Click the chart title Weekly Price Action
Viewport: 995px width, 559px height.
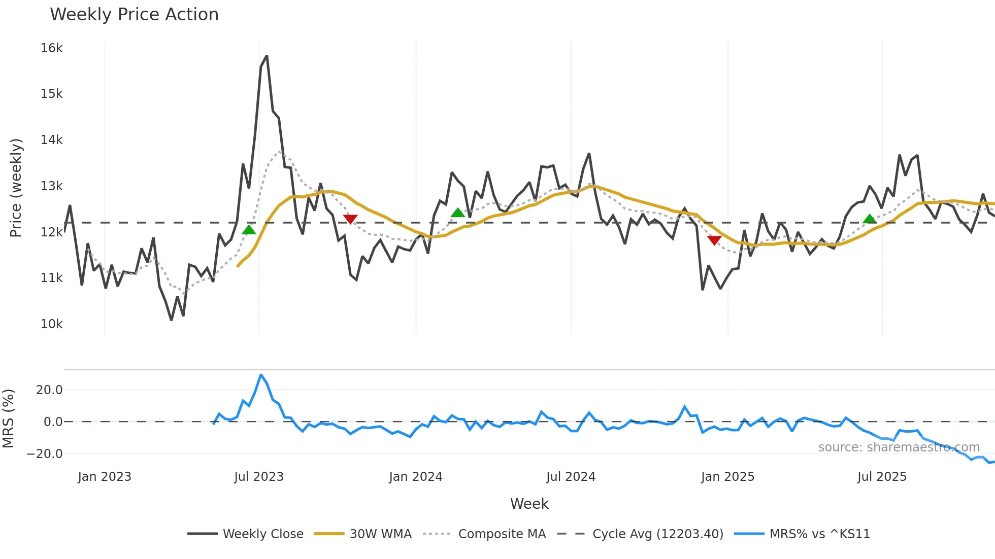134,14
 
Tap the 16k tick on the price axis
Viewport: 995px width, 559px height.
52,48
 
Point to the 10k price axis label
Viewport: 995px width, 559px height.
52,324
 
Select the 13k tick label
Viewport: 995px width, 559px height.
52,186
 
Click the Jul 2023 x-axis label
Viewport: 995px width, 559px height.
259,477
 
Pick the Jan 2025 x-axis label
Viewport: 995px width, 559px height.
727,477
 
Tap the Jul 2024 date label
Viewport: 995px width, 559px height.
571,477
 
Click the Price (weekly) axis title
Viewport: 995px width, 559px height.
16,188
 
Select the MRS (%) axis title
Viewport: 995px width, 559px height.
8,418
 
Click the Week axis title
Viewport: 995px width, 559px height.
529,504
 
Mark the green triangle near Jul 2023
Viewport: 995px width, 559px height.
249,230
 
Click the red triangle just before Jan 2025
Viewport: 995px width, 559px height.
714,240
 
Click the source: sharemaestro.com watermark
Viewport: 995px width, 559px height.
899,447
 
